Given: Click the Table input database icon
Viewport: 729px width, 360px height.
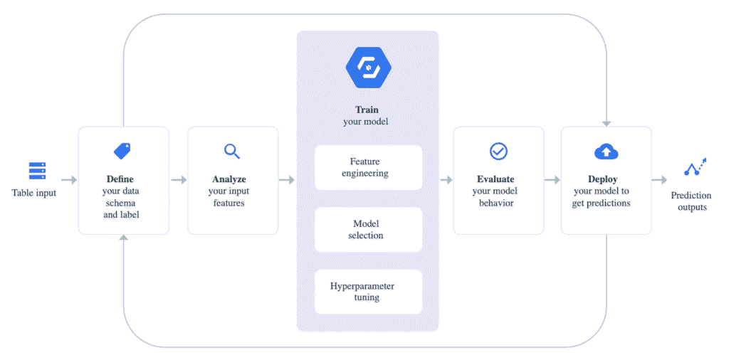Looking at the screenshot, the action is point(37,171).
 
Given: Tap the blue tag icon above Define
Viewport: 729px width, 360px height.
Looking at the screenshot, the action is point(122,151).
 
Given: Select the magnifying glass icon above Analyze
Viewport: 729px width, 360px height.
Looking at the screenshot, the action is point(232,152).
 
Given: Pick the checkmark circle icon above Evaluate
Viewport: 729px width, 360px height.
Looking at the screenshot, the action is point(498,151).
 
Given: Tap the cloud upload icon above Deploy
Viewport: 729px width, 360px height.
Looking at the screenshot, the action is point(607,152).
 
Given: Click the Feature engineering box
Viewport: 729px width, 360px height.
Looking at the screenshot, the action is point(368,168).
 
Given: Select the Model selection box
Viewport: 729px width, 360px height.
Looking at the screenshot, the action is point(368,230).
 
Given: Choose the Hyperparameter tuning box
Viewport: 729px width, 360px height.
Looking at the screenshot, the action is point(368,292).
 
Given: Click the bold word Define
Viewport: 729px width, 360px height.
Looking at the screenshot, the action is point(120,179).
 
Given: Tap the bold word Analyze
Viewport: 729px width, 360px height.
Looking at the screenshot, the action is point(229,179).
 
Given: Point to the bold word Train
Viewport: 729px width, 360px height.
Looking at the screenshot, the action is point(367,110).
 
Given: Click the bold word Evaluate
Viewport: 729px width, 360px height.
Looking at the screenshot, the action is point(495,179).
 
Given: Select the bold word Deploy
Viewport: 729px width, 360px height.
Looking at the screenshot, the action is point(602,179).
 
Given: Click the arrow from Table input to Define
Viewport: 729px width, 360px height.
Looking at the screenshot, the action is point(69,180).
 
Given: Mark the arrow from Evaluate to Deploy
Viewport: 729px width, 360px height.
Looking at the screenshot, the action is point(552,180).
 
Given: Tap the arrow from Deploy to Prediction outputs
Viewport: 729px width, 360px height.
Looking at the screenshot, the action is point(659,180).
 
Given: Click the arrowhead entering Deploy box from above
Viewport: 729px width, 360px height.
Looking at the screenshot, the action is point(607,124).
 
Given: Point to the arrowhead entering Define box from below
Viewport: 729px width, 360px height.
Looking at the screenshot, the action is point(122,238).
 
